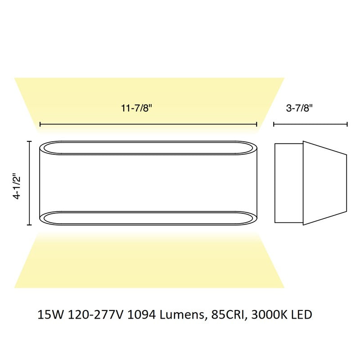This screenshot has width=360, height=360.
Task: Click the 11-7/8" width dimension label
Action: (x=137, y=108)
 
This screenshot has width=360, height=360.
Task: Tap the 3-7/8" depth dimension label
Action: (x=299, y=108)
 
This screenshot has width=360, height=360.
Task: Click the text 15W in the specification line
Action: (x=50, y=315)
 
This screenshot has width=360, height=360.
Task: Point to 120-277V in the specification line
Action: (x=95, y=315)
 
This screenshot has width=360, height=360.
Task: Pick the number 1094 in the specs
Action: (x=141, y=315)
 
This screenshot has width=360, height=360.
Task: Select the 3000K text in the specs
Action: (x=269, y=315)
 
